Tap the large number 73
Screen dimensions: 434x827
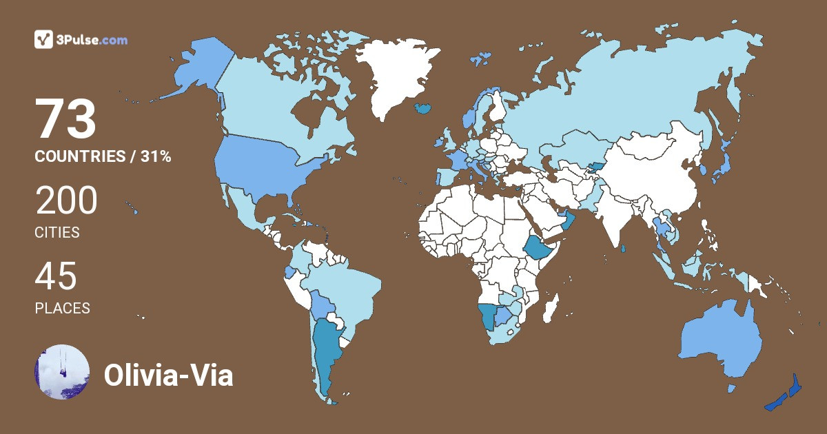point(65,119)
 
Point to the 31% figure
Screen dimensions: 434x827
point(156,156)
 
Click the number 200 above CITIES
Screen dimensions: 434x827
point(66,201)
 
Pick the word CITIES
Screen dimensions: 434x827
point(57,232)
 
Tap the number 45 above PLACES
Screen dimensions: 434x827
point(57,277)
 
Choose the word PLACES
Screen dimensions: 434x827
point(62,308)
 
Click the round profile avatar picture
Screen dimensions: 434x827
point(62,372)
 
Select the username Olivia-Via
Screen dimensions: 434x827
point(168,375)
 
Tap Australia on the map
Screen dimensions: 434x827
point(720,341)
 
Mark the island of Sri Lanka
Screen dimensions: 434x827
point(622,249)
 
